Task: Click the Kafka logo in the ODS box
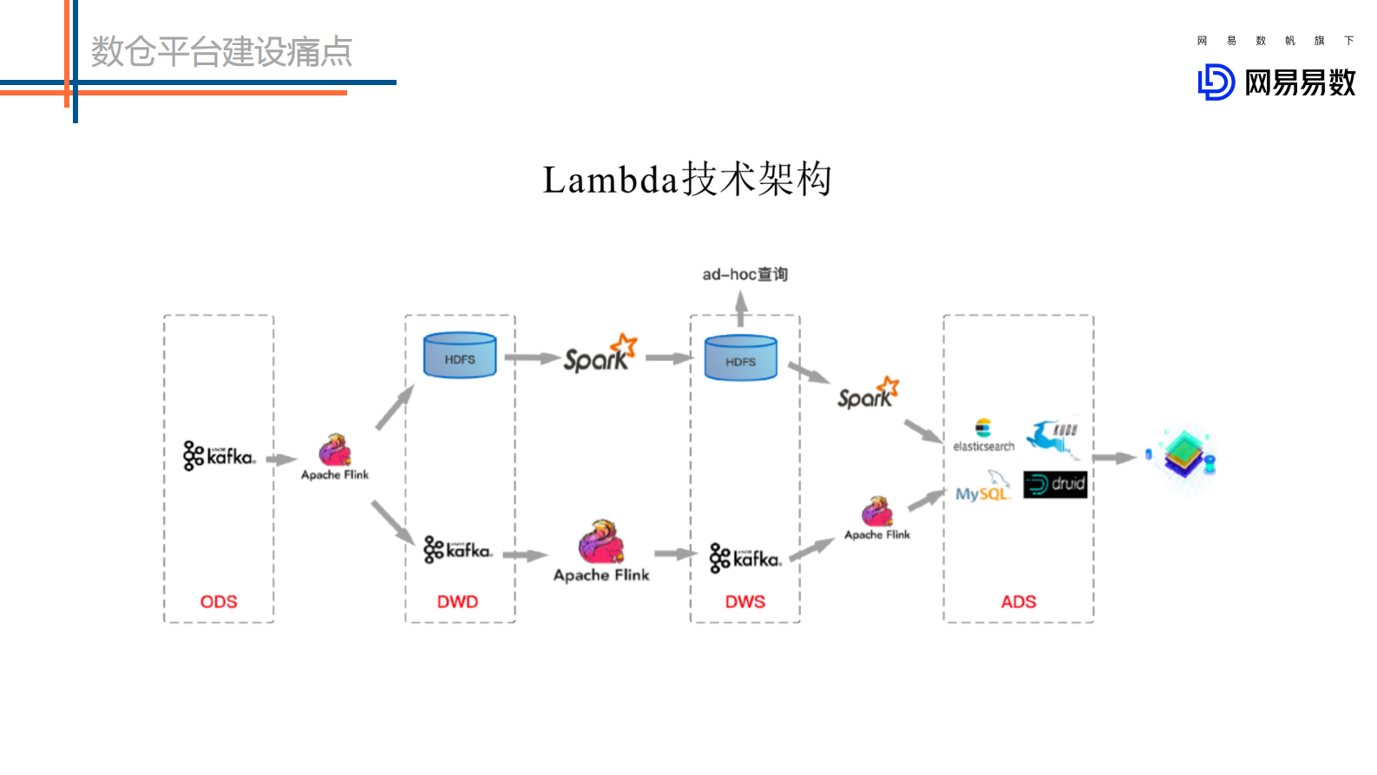pos(219,456)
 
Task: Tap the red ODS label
pos(219,601)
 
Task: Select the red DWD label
pos(457,601)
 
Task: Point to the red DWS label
pos(745,601)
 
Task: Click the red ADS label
pos(1019,601)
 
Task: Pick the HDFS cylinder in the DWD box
pos(460,356)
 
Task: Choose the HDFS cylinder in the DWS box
pos(741,358)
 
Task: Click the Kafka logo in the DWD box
pos(458,549)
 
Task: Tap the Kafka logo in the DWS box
pos(745,558)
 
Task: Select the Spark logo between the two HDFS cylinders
pos(600,354)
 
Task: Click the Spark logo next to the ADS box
pos(868,394)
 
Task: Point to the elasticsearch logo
pos(983,436)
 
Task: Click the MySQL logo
pos(983,488)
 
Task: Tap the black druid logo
pos(1055,484)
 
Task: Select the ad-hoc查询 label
pos(744,274)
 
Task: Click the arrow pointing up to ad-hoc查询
pos(741,308)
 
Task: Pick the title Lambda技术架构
pos(687,180)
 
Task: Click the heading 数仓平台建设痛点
pos(221,52)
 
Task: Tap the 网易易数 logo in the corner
pos(1276,82)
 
